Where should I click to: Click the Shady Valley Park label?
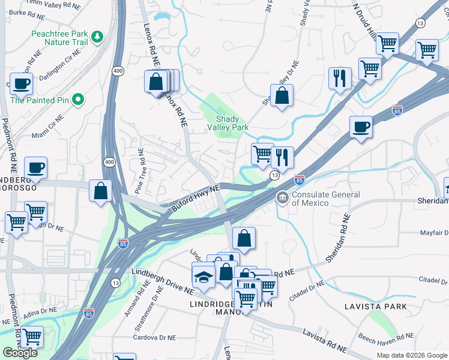[x=228, y=122]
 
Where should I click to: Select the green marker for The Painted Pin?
[x=77, y=100]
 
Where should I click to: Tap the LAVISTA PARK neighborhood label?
[x=376, y=307]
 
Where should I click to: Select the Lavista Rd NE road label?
[x=325, y=339]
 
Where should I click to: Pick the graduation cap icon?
[x=203, y=276]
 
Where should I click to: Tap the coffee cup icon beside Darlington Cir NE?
[x=22, y=84]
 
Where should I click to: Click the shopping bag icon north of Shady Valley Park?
[x=282, y=95]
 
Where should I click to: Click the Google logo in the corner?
[x=20, y=353]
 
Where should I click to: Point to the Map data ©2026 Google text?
[x=412, y=355]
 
